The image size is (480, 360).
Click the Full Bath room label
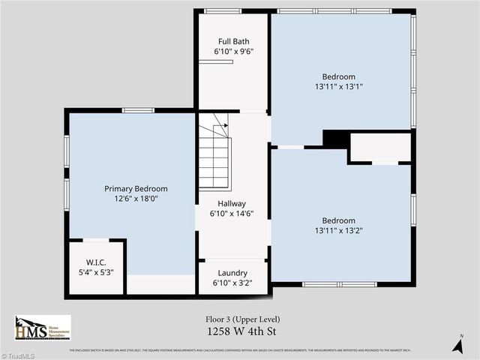click(233, 41)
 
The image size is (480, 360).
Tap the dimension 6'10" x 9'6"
click(233, 52)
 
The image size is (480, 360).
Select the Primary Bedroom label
click(136, 189)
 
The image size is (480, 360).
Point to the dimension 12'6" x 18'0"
click(136, 199)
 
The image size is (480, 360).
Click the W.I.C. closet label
click(96, 262)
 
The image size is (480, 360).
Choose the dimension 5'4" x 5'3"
click(96, 272)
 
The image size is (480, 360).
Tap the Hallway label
click(232, 203)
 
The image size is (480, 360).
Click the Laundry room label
click(232, 273)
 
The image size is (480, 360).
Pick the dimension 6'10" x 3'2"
click(233, 283)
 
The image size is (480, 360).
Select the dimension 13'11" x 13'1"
click(339, 87)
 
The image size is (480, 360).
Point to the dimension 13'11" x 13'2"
click(339, 231)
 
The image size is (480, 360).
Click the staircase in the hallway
click(214, 154)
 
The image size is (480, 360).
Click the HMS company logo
click(42, 328)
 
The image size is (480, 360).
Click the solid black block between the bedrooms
click(335, 139)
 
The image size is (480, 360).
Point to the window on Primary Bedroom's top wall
click(138, 110)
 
